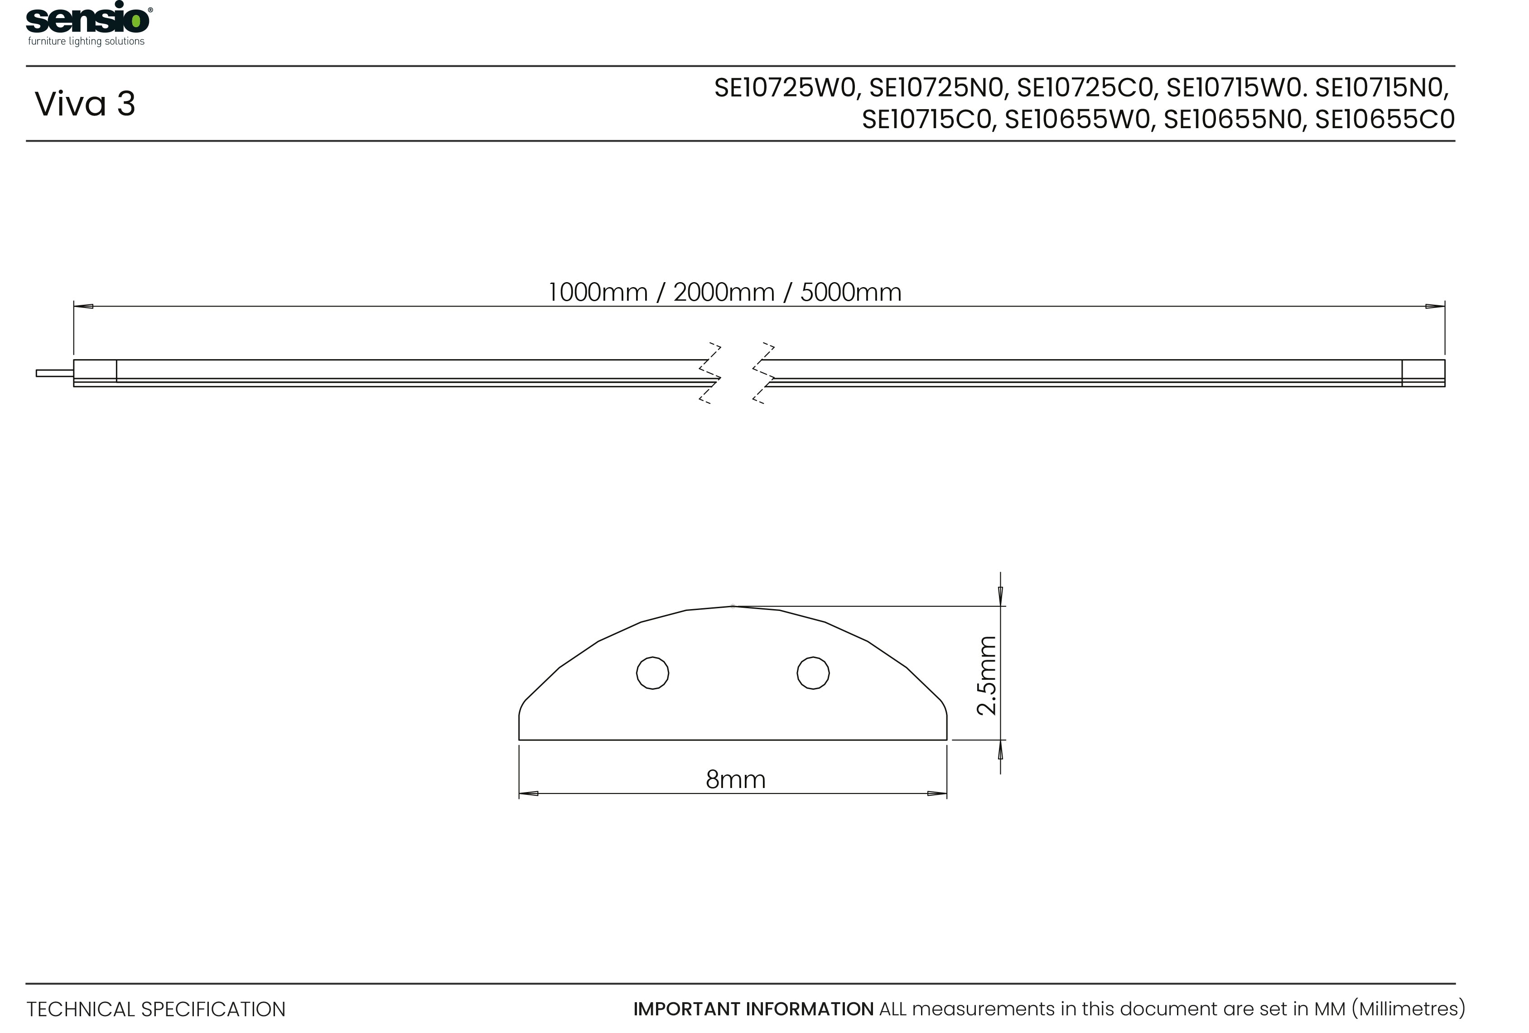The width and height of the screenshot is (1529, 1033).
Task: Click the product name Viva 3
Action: pos(85,104)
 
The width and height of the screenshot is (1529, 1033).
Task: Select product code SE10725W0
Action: pos(787,89)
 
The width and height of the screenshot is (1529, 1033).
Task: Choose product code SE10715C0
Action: pos(926,120)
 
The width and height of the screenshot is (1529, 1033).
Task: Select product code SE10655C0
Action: pos(1384,120)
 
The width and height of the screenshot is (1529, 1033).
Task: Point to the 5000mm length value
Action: pos(850,293)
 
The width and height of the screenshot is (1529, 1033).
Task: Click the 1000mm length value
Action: pos(598,293)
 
